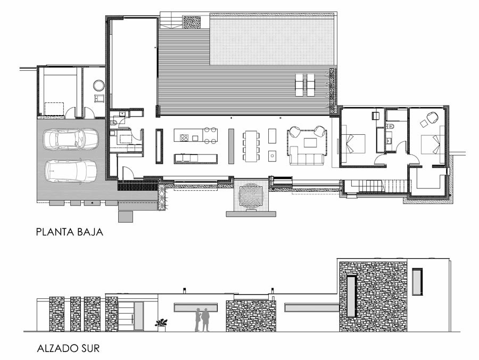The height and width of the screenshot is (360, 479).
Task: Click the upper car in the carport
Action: tap(71, 140)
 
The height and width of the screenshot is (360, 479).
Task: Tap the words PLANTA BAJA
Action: tap(70, 232)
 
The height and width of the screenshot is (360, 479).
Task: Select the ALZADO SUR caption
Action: tap(69, 348)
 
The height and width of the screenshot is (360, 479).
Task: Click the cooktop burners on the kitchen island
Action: tap(184, 137)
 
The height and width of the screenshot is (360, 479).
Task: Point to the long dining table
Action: tap(251, 146)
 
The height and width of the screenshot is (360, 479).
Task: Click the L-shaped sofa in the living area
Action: tap(307, 157)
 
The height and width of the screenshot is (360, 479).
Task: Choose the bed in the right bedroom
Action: tap(432, 144)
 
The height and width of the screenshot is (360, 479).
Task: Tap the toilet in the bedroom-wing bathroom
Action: tap(391, 126)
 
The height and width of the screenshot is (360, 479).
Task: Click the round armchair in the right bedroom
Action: tap(432, 118)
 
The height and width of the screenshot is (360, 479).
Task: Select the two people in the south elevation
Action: tap(203, 320)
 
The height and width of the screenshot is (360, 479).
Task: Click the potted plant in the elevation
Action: tap(161, 325)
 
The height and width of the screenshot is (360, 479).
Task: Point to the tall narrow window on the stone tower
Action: tap(351, 296)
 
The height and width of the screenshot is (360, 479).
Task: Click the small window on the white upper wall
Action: tap(417, 282)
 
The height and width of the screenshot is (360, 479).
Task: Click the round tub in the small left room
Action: tap(99, 85)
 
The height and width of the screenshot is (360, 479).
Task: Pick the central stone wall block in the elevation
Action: tap(251, 316)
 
